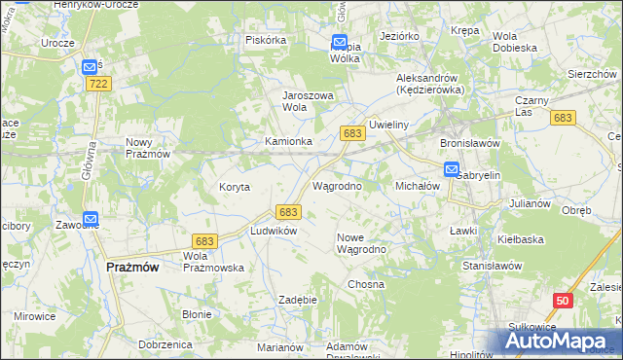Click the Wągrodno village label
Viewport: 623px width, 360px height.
337,185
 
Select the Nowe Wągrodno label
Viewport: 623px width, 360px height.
362,242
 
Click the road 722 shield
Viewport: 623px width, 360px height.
96,85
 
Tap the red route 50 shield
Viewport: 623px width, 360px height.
562,303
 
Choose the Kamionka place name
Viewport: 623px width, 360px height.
289,141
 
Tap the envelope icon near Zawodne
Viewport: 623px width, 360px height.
91,221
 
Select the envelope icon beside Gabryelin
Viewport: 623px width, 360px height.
452,169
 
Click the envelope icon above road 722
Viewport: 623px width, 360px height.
90,66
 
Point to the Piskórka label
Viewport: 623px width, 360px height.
266,40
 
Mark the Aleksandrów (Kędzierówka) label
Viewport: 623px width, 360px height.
429,83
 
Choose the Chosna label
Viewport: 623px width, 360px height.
366,284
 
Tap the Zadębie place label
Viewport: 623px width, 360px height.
298,300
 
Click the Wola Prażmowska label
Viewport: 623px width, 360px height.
213,261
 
